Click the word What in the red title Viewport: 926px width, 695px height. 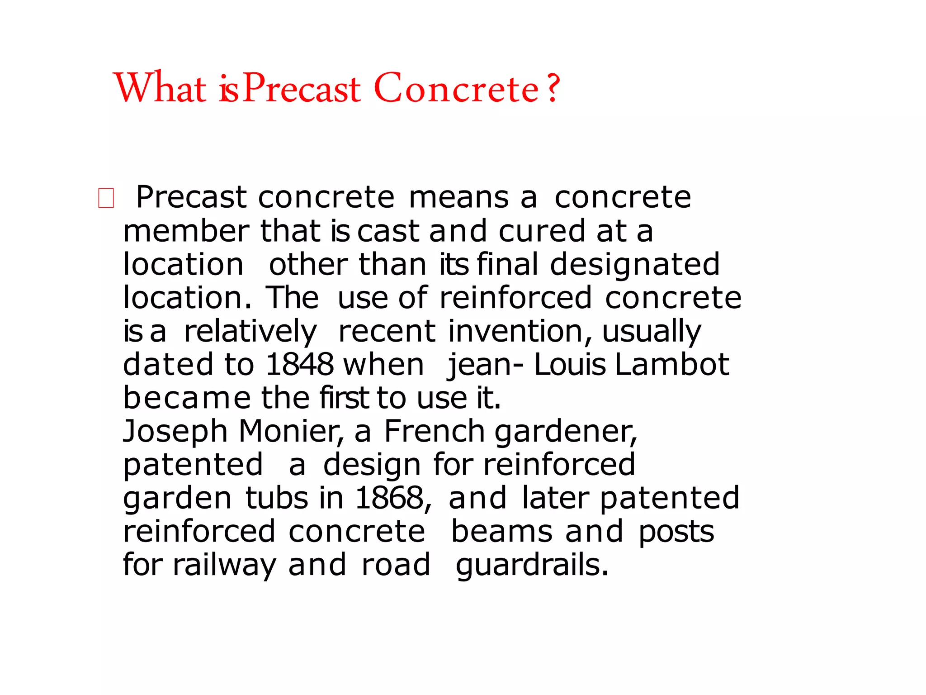161,88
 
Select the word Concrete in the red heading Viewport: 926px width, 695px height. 457,88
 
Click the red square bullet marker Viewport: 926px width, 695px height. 106,198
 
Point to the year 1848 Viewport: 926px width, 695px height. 300,364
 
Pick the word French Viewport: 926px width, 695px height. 435,431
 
